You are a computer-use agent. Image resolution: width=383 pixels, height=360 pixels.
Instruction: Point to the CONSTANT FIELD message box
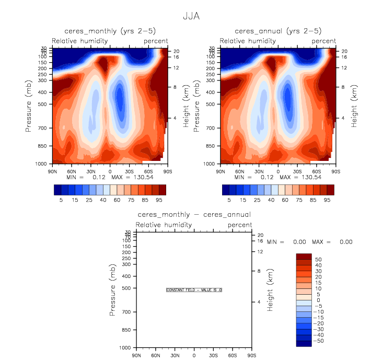tap(194, 289)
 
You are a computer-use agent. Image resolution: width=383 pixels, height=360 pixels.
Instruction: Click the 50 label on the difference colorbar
tap(318, 260)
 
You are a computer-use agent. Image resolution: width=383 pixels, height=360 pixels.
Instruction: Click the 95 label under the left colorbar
tap(159, 200)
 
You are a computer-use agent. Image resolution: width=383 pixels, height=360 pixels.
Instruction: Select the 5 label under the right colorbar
tap(229, 200)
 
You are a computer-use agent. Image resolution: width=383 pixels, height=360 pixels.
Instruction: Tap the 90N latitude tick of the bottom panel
tap(136, 356)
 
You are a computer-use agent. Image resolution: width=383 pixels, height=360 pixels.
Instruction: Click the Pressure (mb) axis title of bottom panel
tap(112, 289)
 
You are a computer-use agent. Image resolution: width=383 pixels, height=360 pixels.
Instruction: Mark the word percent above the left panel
tap(156, 41)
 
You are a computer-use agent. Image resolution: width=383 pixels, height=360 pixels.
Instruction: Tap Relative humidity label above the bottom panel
tap(164, 225)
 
